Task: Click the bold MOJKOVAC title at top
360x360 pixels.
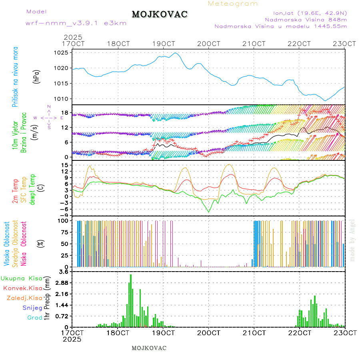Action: (160, 15)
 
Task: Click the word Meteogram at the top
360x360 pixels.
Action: (233, 4)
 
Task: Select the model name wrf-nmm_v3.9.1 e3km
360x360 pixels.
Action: (76, 23)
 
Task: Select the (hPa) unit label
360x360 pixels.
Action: (36, 76)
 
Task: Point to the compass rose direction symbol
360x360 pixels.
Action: (49, 118)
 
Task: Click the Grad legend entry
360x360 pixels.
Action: (34, 318)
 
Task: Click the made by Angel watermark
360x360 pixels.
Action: (352, 240)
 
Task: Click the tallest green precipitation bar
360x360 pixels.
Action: (130, 300)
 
